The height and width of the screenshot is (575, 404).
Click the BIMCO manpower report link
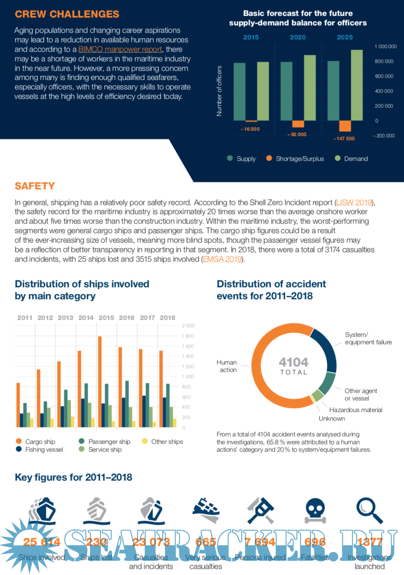click(x=120, y=49)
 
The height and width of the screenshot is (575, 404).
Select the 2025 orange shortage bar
click(x=345, y=126)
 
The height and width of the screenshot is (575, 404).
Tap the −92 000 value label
click(x=297, y=135)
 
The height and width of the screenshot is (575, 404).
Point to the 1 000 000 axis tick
click(x=385, y=47)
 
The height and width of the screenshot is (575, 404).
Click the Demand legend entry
click(x=351, y=159)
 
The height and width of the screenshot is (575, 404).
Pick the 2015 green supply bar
click(x=240, y=91)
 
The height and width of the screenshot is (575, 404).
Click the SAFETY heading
click(x=35, y=186)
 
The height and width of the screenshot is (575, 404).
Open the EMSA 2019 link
click(x=223, y=259)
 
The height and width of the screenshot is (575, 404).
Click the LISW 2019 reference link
click(x=354, y=202)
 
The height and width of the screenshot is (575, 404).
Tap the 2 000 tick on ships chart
click(x=188, y=326)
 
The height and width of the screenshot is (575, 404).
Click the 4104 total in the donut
click(x=294, y=362)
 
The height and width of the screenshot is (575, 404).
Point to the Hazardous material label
click(x=356, y=410)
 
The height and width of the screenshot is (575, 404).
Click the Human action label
click(x=227, y=366)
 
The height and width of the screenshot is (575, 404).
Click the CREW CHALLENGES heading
click(x=67, y=14)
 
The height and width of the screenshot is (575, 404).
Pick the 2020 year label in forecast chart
click(x=298, y=37)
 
